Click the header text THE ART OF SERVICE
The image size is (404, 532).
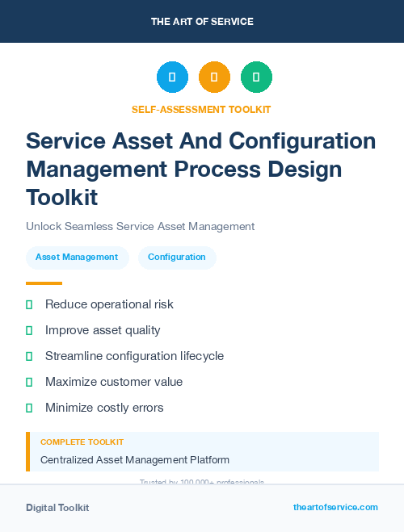[202, 22]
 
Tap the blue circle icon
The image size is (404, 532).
[172, 77]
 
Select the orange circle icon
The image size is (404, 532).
[214, 77]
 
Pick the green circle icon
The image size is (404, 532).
[256, 77]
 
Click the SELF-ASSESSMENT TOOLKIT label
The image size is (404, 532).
[201, 109]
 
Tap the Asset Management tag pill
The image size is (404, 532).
[77, 258]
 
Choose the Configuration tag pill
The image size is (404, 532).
[176, 258]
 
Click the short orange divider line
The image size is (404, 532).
[44, 283]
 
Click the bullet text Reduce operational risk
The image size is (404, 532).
[109, 304]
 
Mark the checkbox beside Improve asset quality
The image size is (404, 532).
[29, 330]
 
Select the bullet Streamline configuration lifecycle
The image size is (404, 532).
[134, 356]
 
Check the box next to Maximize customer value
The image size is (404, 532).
[29, 382]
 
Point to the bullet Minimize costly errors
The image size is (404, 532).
[104, 408]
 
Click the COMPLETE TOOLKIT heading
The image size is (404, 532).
[82, 442]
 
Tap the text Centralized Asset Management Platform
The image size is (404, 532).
[135, 460]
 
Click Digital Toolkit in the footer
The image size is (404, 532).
[57, 508]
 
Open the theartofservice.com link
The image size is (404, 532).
[335, 507]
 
